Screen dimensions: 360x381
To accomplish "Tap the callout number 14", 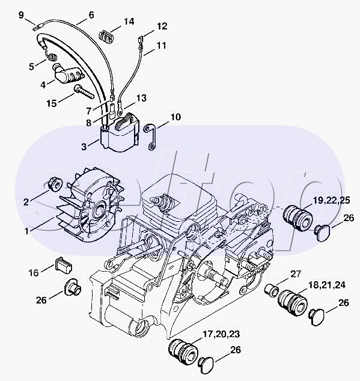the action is (129, 22).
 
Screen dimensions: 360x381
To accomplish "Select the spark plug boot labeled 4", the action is (68, 74).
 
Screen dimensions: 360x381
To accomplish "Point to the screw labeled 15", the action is (84, 92).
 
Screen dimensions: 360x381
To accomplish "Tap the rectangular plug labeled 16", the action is (64, 264).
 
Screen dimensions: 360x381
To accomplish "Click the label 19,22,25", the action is (331, 200).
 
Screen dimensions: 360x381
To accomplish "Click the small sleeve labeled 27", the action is (272, 290).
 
